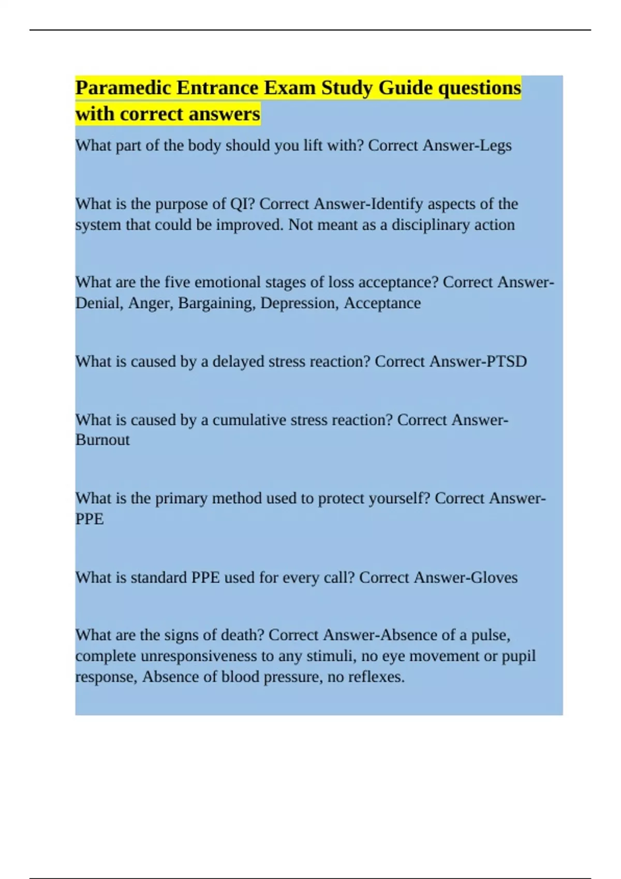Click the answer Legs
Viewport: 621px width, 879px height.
[495, 146]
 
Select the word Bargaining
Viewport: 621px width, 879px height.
[217, 303]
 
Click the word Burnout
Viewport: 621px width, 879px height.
[102, 440]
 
